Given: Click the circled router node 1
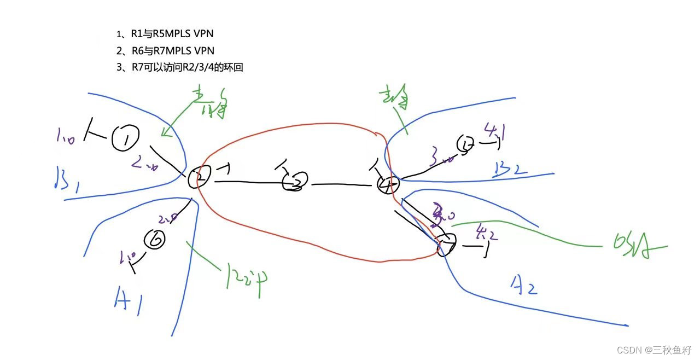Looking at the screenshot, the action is tap(125, 139).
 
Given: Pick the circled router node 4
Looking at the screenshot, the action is tap(388, 185).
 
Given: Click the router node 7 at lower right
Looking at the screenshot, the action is tap(446, 246).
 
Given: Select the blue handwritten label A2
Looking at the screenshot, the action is tap(523, 284).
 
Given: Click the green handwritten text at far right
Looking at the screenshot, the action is tap(634, 247).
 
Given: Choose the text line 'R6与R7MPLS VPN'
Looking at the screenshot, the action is tap(165, 50).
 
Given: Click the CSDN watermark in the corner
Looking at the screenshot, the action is tap(654, 350).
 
